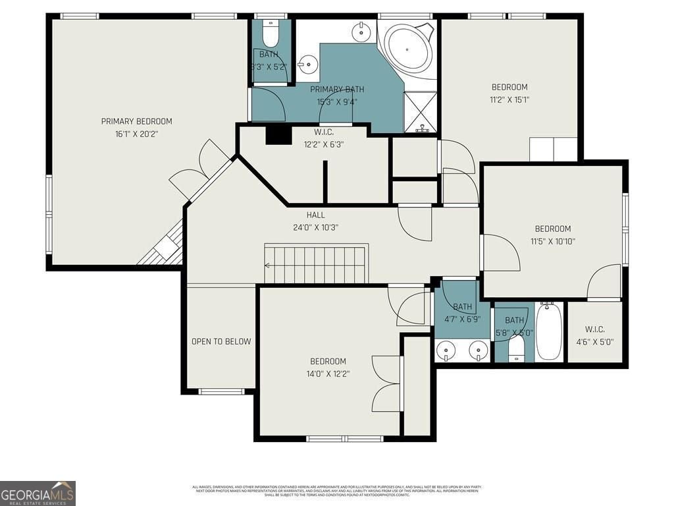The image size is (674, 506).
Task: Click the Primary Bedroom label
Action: tap(136, 121)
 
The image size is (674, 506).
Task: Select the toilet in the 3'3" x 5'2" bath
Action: tap(271, 33)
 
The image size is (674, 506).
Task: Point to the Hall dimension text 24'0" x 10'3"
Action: tap(315, 227)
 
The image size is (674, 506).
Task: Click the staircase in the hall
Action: tap(316, 264)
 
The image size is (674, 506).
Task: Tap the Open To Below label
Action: tap(221, 341)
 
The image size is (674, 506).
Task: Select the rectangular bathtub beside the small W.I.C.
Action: tap(548, 331)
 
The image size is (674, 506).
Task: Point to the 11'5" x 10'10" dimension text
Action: tap(552, 241)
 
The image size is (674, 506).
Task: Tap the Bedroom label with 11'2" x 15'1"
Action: tap(509, 87)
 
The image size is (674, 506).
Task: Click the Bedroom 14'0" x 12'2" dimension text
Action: tap(328, 374)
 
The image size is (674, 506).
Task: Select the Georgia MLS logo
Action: tap(38, 493)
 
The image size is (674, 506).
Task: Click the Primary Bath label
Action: tap(337, 90)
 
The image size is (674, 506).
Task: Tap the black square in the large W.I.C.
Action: tap(278, 134)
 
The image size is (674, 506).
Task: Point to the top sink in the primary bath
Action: tap(361, 30)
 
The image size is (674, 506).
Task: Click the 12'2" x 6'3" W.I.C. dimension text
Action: tap(324, 144)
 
